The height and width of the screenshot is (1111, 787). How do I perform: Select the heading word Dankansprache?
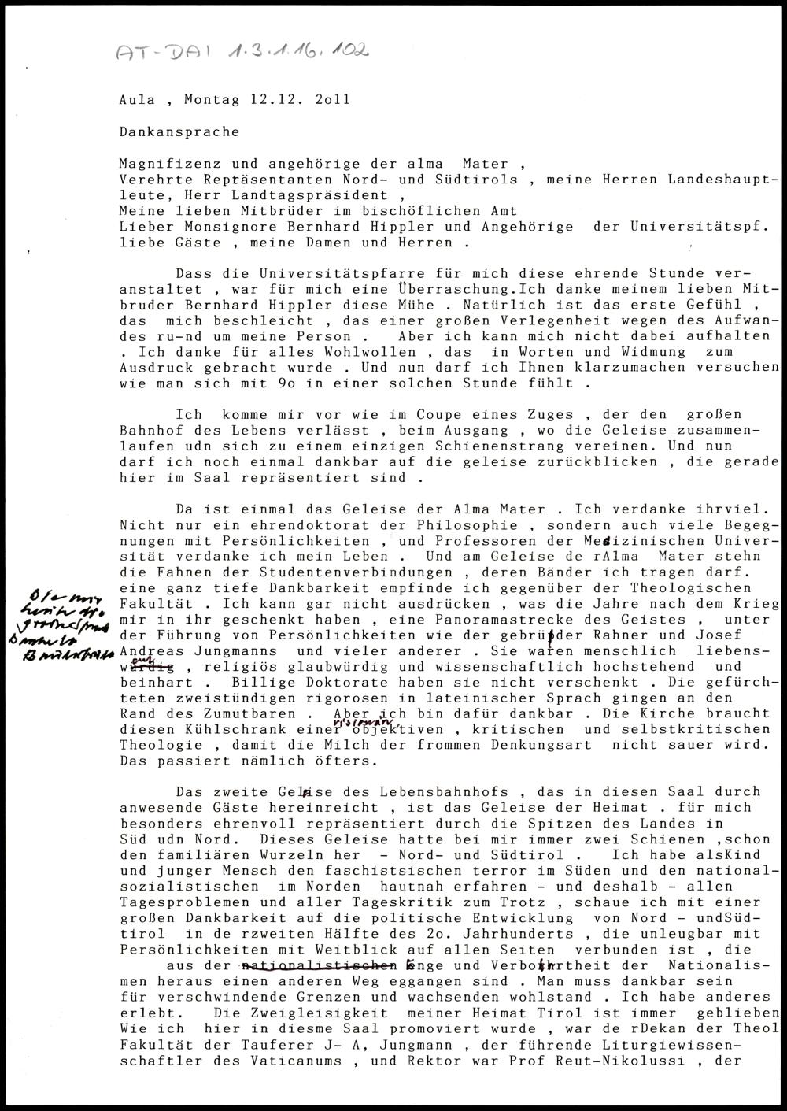click(x=179, y=131)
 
